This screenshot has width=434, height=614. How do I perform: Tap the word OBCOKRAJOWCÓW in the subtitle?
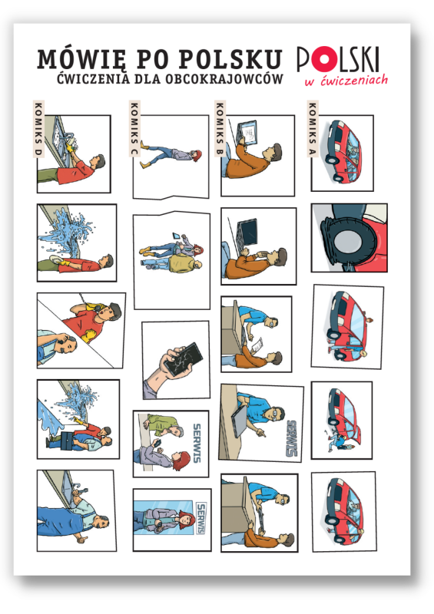[224, 79]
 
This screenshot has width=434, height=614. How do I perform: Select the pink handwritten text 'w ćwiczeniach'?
[346, 81]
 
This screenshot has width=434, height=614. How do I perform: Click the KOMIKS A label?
[313, 129]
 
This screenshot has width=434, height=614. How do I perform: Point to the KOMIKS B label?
[220, 129]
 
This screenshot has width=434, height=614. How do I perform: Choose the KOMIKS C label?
[134, 129]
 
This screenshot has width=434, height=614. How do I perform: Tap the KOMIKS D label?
[38, 129]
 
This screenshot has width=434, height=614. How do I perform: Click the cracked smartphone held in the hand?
[183, 359]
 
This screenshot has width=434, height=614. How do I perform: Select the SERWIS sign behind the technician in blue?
[291, 438]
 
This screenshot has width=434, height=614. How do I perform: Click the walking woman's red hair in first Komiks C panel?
[197, 156]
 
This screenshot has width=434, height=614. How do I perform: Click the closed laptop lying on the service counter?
[239, 421]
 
